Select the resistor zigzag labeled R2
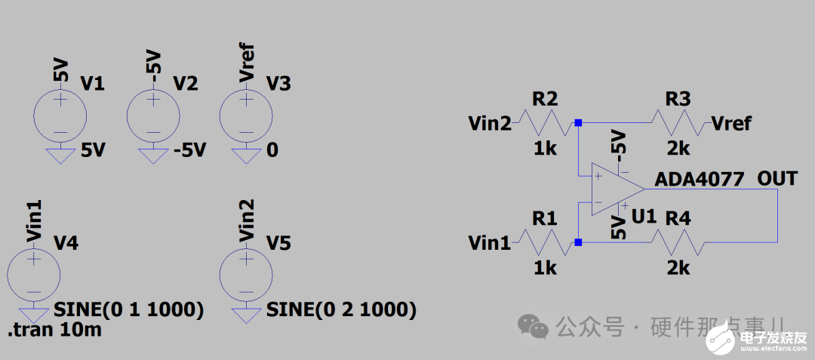coord(546,122)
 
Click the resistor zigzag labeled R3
coord(678,122)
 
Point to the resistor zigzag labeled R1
coord(546,243)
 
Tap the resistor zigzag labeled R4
coord(678,243)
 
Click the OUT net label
coord(777,179)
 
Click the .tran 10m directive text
coord(54,330)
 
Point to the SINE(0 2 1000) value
coord(341,309)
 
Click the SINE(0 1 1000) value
coord(129,309)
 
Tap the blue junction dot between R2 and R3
coord(578,122)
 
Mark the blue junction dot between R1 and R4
coord(578,242)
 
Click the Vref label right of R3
coord(730,123)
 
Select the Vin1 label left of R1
coord(489,243)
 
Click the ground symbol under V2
coord(153,155)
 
